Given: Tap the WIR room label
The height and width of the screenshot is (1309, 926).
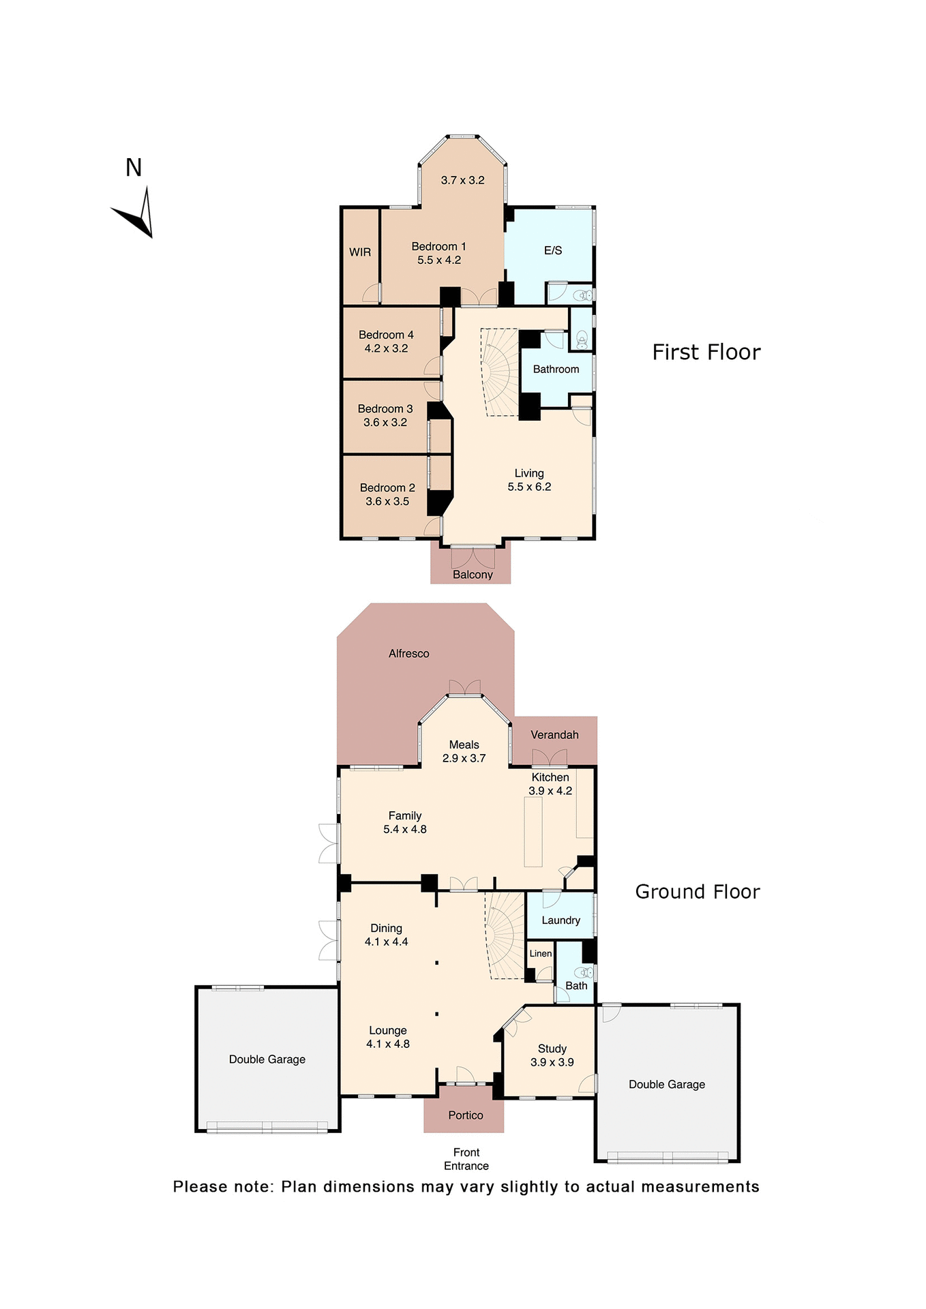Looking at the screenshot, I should click(x=360, y=252).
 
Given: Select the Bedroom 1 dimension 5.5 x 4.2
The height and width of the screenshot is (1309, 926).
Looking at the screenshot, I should click(x=439, y=260).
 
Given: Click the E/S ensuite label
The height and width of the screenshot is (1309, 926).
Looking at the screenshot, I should click(x=553, y=251).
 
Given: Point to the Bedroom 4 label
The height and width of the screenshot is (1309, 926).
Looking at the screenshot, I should click(x=386, y=335).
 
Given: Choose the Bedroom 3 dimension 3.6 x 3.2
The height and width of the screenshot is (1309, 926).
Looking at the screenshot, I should click(x=385, y=423).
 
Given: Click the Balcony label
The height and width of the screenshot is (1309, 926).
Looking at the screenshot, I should click(x=473, y=575).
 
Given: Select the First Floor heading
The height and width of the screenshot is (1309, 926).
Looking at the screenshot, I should click(x=706, y=352).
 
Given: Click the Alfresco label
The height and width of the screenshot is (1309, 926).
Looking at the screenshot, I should click(x=408, y=654).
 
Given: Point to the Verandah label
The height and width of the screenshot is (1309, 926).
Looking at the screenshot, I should click(x=554, y=735).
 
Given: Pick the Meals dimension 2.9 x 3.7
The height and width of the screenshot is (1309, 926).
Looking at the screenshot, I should click(x=464, y=758).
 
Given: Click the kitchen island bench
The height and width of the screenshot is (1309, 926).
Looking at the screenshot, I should click(x=533, y=832).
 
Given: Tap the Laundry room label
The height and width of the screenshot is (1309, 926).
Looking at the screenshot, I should click(x=561, y=920).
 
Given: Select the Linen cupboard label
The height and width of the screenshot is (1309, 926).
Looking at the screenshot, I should click(x=541, y=954).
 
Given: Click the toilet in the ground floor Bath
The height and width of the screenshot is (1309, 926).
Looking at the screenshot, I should click(x=584, y=972).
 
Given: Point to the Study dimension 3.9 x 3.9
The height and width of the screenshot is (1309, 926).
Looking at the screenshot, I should click(x=552, y=1062).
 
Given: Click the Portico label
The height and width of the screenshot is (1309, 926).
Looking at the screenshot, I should click(x=466, y=1115).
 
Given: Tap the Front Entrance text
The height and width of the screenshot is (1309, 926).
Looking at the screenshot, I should click(x=466, y=1159).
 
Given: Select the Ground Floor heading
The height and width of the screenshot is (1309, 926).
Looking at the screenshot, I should click(x=697, y=892).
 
